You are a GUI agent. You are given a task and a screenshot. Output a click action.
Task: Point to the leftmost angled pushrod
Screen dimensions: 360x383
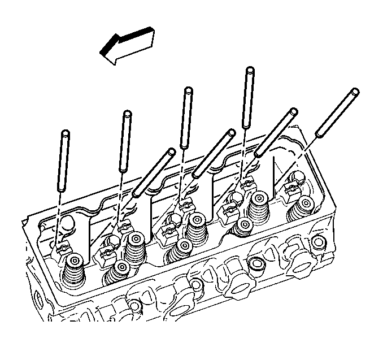153,172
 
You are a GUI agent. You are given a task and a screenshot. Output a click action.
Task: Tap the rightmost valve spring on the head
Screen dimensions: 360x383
300,209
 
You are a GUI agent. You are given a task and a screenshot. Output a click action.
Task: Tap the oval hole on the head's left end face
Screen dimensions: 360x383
38,297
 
